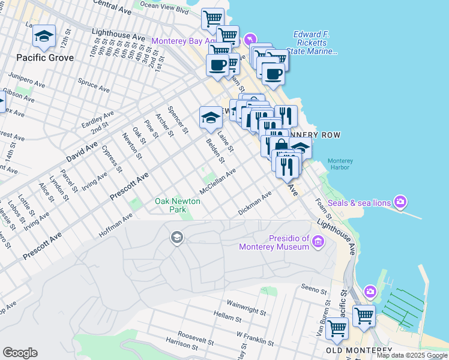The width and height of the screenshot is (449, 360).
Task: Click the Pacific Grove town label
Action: [45, 58]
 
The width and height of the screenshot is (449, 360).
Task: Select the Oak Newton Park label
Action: [178, 206]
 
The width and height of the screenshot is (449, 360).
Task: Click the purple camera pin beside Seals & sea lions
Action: [400, 200]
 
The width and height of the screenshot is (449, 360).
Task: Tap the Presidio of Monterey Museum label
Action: [274, 242]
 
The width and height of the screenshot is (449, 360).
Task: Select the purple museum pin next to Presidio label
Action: [318, 242]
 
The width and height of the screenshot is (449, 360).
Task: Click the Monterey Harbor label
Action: [340, 164]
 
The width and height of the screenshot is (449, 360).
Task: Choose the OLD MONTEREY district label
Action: [358, 350]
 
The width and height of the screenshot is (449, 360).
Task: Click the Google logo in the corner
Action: [20, 353]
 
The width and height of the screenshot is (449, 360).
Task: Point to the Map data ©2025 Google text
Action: [412, 355]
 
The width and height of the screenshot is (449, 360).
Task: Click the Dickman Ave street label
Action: [255, 203]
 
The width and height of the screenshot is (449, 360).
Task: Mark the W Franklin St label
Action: [255, 338]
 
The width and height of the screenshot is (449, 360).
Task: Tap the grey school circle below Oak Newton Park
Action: [176, 238]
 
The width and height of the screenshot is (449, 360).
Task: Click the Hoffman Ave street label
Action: [115, 226]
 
